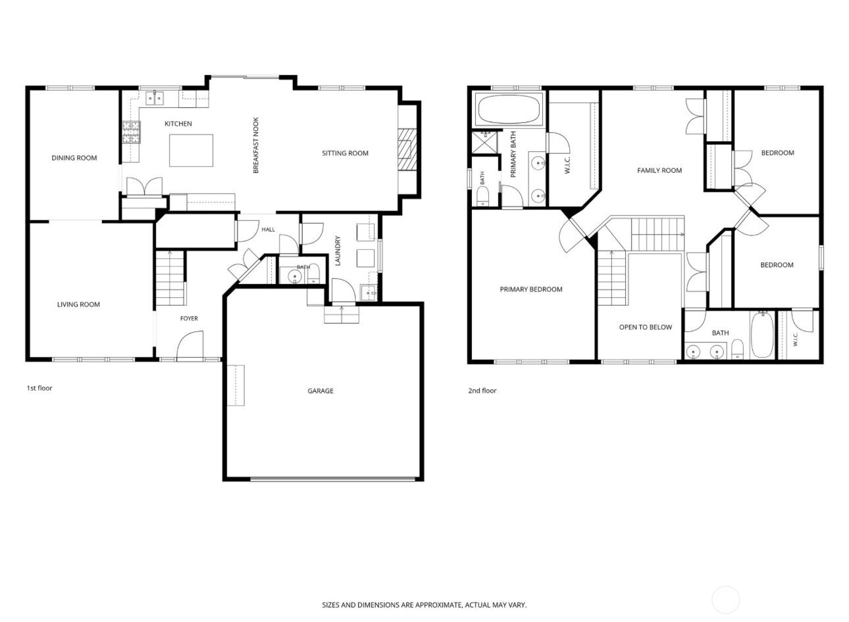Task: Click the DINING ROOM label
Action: [x=74, y=158]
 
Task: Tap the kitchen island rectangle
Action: [x=191, y=151]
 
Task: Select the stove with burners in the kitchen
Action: [x=131, y=132]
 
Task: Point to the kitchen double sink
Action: [x=155, y=99]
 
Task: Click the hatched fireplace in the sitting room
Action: [x=407, y=149]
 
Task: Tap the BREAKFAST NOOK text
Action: [x=256, y=145]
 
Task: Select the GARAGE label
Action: [x=321, y=391]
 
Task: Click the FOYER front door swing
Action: [x=190, y=345]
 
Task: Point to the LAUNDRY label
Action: [x=338, y=251]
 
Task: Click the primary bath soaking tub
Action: [x=509, y=109]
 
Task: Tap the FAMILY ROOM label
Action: [x=659, y=171]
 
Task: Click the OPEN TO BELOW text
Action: [x=646, y=327]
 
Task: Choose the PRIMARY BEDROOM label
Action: [x=531, y=289]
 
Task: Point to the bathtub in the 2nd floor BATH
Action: [x=762, y=335]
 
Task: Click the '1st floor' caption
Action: [x=39, y=388]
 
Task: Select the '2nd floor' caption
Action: [x=482, y=391]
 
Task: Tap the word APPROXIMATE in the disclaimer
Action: [x=439, y=605]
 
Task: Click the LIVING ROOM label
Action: [x=78, y=304]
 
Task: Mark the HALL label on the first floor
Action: [x=269, y=229]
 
